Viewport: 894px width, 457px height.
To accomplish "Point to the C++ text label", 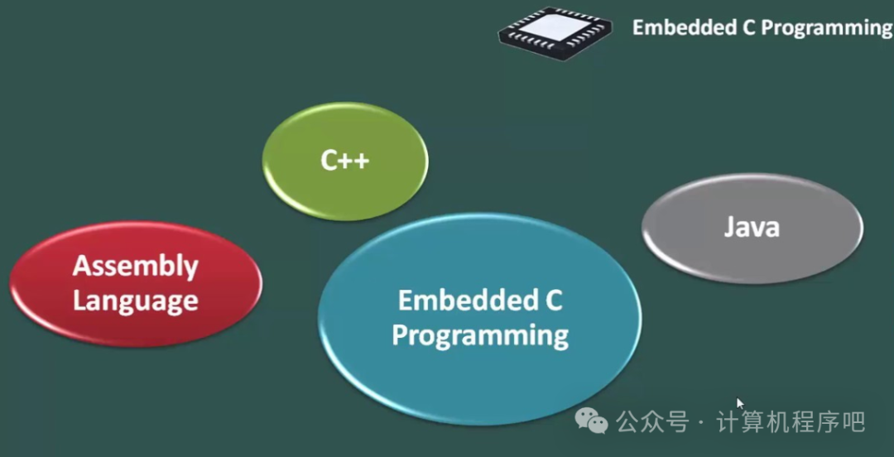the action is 345,160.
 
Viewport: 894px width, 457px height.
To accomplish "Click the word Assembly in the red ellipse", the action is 136,266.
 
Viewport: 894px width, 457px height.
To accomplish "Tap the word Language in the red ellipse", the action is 136,301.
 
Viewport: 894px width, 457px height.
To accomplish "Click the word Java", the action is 752,226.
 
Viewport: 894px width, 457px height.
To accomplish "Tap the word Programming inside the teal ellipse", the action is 480,335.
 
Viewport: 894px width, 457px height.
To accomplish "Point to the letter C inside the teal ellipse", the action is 553,300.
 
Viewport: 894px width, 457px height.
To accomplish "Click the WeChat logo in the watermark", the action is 592,422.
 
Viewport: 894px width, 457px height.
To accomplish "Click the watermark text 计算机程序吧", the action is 791,422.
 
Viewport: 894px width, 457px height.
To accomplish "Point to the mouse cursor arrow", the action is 740,404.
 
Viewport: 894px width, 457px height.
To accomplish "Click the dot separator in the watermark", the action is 702,423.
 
